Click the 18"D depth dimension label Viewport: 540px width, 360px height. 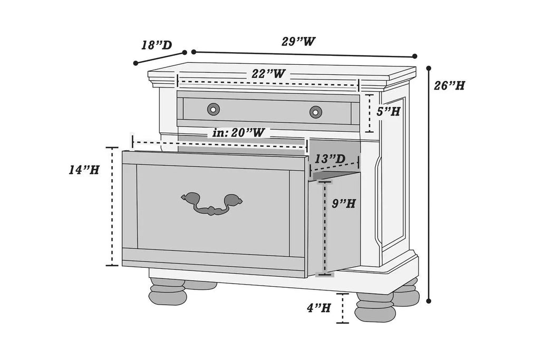click(x=157, y=45)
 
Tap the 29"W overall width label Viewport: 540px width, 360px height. click(x=298, y=42)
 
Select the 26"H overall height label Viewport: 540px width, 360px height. click(x=449, y=85)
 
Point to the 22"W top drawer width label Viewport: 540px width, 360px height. click(x=268, y=73)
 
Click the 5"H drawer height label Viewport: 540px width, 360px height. click(x=388, y=111)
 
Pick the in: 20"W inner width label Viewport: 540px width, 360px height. click(x=239, y=132)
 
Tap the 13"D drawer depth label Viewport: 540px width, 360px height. click(x=330, y=159)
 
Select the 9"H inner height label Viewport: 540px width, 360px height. click(x=344, y=203)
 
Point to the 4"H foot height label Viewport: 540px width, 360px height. click(x=319, y=307)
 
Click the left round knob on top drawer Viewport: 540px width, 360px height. click(x=214, y=110)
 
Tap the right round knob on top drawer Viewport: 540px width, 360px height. click(x=315, y=112)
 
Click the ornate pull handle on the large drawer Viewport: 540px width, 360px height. click(x=212, y=203)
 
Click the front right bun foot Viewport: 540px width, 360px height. click(x=375, y=307)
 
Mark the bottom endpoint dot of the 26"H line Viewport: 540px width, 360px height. click(x=429, y=301)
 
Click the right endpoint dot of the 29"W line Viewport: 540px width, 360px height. click(x=414, y=56)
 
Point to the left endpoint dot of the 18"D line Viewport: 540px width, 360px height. click(x=136, y=63)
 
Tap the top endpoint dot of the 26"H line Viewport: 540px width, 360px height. click(x=429, y=68)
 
